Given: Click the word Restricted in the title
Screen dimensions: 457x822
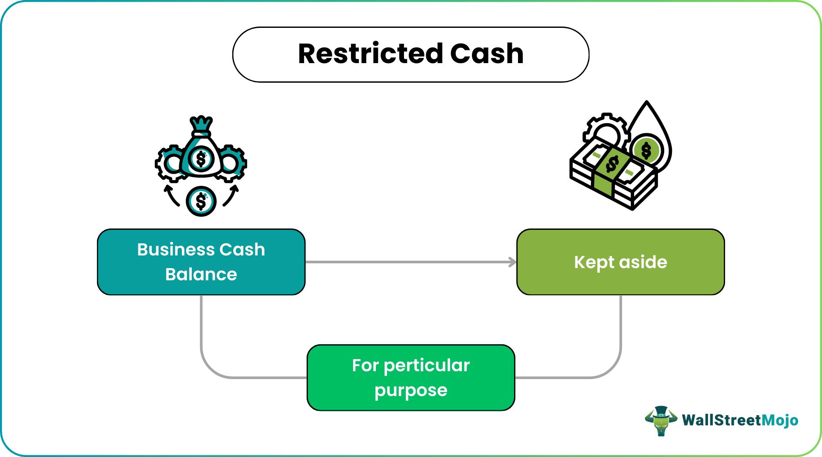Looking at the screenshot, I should tap(371, 54).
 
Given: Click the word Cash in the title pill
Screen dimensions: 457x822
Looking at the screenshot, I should tap(487, 54).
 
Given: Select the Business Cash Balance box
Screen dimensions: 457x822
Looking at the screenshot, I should tap(201, 262).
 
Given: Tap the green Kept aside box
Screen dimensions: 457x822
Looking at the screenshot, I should tap(620, 262).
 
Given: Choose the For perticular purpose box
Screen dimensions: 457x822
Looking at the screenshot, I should tap(411, 377).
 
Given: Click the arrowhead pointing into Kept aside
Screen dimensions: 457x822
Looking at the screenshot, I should tap(513, 262).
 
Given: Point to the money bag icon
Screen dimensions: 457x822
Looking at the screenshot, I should tap(201, 150).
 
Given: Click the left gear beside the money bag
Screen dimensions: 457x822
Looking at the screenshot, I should tap(170, 164).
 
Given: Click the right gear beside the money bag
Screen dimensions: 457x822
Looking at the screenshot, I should tap(232, 164).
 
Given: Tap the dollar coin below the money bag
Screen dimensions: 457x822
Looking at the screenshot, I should tap(201, 201).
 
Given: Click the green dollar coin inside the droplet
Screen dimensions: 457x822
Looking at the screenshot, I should tap(646, 151).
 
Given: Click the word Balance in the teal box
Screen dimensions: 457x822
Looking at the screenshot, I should tap(201, 275).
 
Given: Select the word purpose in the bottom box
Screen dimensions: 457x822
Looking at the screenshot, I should tap(411, 390).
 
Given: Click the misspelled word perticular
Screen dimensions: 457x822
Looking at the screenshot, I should tap(427, 366).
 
